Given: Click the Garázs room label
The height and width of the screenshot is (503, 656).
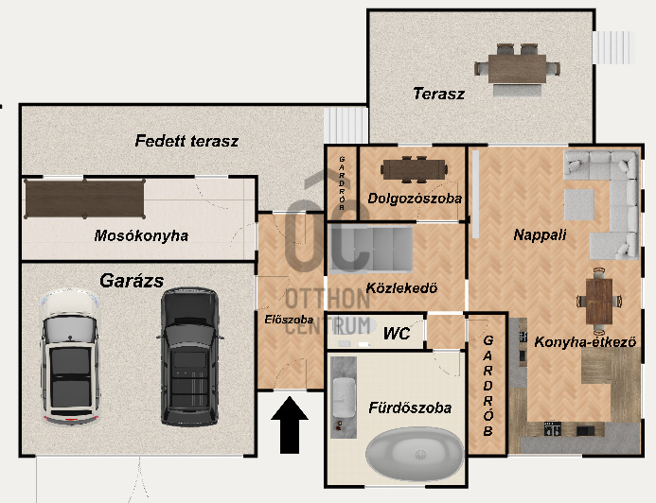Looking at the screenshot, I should tap(133, 280).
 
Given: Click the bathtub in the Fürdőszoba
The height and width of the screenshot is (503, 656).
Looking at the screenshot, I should tap(416, 457).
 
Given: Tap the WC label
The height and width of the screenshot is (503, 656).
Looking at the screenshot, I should tap(396, 333).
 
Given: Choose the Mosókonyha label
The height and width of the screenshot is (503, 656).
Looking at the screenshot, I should tap(141, 235).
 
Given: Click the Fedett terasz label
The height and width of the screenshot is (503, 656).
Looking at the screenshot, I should tap(186, 142).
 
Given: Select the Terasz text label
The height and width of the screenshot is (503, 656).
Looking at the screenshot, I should tap(438, 94).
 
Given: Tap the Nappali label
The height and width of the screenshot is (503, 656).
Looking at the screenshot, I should tap(540, 234).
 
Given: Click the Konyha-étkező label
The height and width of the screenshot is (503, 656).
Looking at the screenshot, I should tap(584, 341).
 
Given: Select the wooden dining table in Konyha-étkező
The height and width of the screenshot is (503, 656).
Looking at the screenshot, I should tap(598, 301).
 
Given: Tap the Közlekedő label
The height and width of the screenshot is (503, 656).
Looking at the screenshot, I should tap(400, 288).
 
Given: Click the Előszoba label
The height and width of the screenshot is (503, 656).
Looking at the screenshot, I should tap(289, 320).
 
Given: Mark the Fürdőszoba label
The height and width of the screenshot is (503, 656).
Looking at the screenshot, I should tap(410, 408).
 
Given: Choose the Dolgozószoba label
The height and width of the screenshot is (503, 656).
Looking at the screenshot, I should tap(415, 199).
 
